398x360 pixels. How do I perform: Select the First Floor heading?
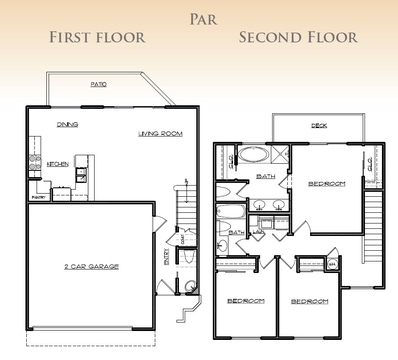[98, 37]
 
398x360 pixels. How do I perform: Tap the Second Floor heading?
[298, 37]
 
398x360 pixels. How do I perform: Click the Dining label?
[68, 124]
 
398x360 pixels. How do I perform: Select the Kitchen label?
[57, 164]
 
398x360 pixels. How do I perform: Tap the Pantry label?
[39, 198]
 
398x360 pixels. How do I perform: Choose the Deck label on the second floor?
[319, 125]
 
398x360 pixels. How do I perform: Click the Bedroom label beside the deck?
[326, 184]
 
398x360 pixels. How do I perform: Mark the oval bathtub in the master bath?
[251, 156]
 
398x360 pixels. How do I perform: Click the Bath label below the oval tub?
[266, 177]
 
